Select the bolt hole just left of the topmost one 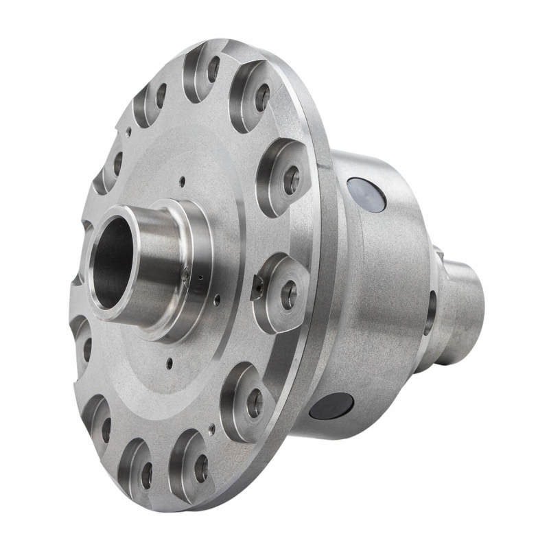161,95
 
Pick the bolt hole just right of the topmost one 262,97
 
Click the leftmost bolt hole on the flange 87,349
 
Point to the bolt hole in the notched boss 289,294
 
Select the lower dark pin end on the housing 330,406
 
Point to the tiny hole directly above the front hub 182,181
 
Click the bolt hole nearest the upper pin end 292,180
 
